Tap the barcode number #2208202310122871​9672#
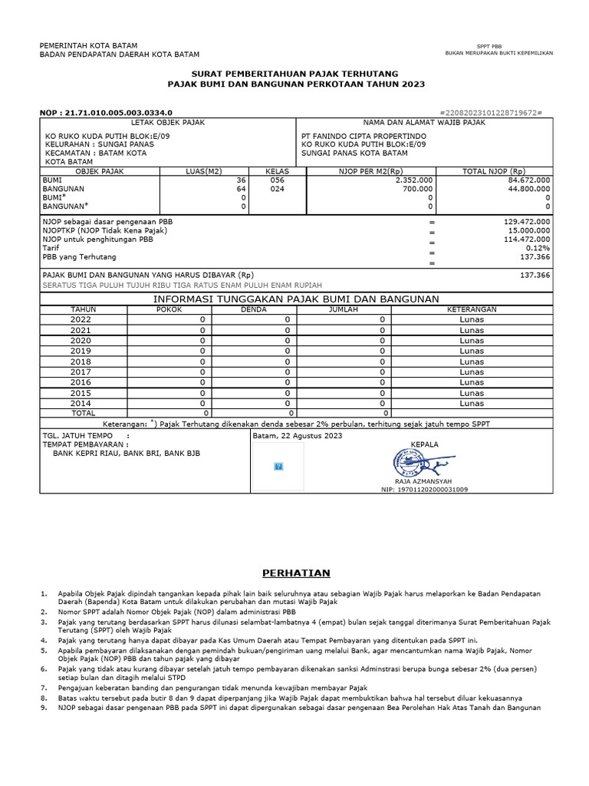(x=492, y=112)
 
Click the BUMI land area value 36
(x=240, y=180)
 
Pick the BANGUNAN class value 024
(x=277, y=189)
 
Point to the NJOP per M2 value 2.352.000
(x=414, y=180)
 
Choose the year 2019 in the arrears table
(x=81, y=351)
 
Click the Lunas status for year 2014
(x=472, y=403)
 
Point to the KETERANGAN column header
(x=472, y=309)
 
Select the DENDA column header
(x=254, y=309)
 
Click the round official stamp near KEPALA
(x=407, y=462)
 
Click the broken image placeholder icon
(x=278, y=466)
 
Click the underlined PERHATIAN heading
(x=295, y=573)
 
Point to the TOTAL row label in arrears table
(x=84, y=412)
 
